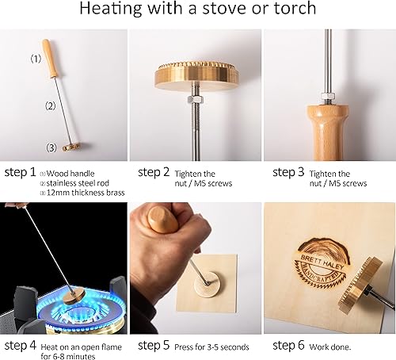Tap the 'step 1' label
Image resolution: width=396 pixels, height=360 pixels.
coord(20,171)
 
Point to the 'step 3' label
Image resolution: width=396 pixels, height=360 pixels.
coord(289,171)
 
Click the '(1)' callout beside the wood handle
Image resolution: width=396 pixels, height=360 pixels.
coord(35,59)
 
